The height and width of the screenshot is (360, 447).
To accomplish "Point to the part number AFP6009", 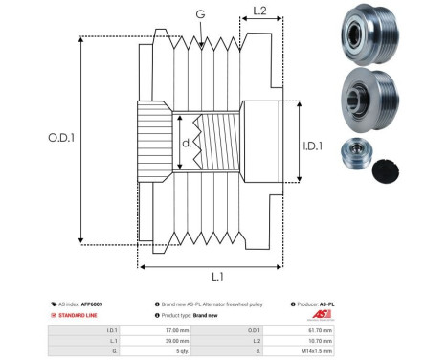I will (x=92, y=304).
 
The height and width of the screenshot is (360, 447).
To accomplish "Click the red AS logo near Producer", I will (x=326, y=315).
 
